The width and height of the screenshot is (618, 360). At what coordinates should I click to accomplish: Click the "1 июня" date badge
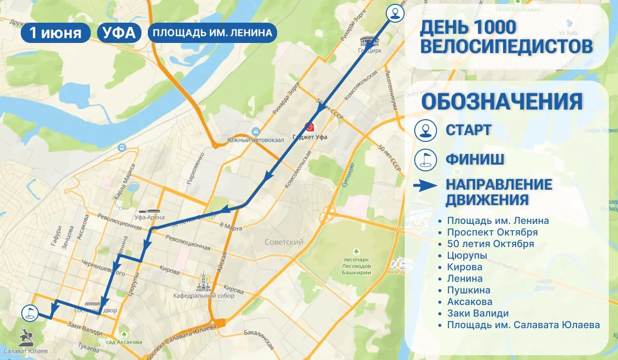click(x=55, y=33)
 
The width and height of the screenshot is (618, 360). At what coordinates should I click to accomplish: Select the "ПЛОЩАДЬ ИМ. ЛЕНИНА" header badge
click(x=212, y=33)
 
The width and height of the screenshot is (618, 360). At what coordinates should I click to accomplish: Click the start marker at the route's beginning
click(x=396, y=13)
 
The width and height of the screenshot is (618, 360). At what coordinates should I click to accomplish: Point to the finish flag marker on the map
click(x=29, y=312)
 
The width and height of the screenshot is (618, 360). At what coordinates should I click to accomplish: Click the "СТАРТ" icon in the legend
click(x=425, y=130)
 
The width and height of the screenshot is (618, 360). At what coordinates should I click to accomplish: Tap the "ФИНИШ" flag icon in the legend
click(x=425, y=159)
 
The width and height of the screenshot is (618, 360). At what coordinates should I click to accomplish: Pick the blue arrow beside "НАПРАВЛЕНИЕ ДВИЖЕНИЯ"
click(x=425, y=186)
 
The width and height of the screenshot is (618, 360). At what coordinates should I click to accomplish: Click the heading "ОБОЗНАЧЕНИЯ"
click(x=502, y=102)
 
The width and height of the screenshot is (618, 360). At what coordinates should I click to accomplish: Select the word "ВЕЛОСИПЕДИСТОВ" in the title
click(x=506, y=47)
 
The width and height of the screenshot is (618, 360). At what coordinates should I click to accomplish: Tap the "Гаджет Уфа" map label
click(x=310, y=137)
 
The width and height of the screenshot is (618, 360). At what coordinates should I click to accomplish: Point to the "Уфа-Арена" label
click(x=150, y=218)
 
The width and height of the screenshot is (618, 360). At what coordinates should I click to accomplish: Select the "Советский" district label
click(x=283, y=242)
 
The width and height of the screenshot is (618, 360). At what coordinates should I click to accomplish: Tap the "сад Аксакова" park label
click(x=125, y=342)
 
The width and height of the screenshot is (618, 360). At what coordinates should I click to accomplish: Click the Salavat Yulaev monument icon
click(x=26, y=336)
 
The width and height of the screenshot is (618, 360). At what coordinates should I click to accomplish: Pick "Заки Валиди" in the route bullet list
click(x=478, y=313)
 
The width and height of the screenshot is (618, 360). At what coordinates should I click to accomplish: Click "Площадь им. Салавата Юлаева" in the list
click(x=523, y=325)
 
